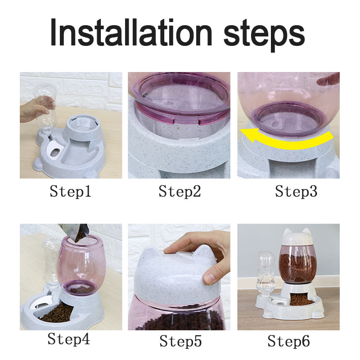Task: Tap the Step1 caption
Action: click(71, 192)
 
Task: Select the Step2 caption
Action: click(180, 192)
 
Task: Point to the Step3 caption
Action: click(296, 192)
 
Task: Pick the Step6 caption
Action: click(288, 341)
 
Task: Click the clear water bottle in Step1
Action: click(46, 108)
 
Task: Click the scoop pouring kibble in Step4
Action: click(74, 232)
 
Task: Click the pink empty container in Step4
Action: click(81, 265)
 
